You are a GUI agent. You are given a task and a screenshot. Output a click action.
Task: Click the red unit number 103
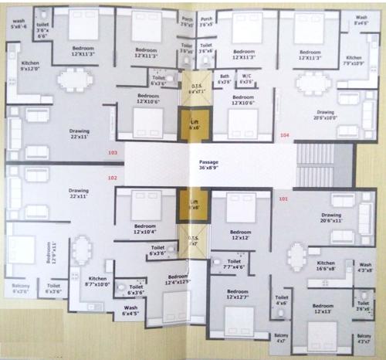coord(113,153)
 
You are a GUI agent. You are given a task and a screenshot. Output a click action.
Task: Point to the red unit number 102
coord(112,178)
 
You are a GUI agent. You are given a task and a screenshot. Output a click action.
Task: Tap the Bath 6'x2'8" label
coord(225,78)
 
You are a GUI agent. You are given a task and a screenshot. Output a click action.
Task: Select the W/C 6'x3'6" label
coord(247,78)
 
